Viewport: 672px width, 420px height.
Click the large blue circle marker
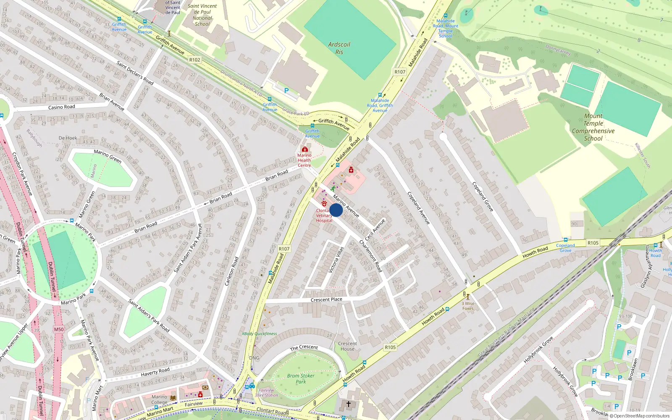(x=336, y=210)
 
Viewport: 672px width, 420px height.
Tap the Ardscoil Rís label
(x=339, y=48)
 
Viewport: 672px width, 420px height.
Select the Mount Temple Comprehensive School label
(x=593, y=127)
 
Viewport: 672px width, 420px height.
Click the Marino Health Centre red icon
(x=305, y=149)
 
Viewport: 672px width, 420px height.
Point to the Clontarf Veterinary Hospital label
(x=324, y=215)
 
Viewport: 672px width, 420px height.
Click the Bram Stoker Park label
(x=301, y=379)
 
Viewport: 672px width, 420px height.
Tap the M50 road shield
(x=59, y=329)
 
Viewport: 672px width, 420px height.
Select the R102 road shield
(x=194, y=60)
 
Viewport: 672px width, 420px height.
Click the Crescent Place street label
(x=326, y=299)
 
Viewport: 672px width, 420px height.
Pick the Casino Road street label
(x=61, y=107)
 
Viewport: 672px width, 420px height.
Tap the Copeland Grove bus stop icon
(x=566, y=240)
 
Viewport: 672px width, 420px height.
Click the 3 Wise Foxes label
(x=468, y=306)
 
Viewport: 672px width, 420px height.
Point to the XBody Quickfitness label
(x=259, y=334)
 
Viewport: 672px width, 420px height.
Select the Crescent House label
(x=347, y=346)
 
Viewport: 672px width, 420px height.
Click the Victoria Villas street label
(x=336, y=260)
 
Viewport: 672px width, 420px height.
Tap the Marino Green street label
(x=108, y=156)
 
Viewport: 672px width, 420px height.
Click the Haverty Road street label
(x=155, y=372)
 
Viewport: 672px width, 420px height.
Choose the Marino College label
(x=159, y=399)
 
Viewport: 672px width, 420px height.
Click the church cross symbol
(x=348, y=404)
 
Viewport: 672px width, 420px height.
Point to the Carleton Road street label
(x=231, y=271)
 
